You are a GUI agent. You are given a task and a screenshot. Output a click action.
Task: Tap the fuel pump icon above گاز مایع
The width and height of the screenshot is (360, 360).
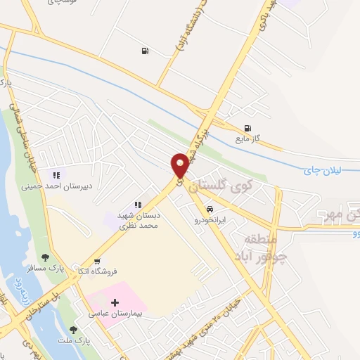(x=247, y=128)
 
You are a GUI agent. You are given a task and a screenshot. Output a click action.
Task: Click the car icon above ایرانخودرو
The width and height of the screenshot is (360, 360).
(x=210, y=209)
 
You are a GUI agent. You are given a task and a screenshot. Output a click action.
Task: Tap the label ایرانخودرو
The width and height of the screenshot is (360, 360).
(x=210, y=219)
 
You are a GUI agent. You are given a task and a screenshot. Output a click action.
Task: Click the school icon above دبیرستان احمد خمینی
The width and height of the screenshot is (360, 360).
(x=56, y=175)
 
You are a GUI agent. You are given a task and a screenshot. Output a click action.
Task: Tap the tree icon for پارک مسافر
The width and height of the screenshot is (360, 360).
(x=46, y=257)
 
